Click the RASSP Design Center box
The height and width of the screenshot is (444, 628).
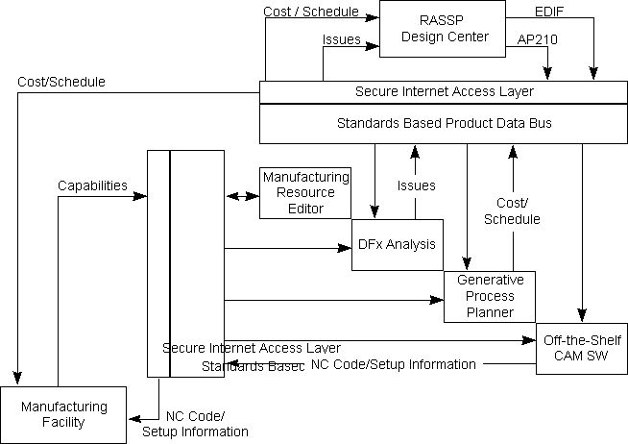point(442,29)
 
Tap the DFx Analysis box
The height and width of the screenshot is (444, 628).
point(397,244)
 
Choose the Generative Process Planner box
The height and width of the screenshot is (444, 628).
point(489,296)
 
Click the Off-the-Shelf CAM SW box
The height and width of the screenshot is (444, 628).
point(581,348)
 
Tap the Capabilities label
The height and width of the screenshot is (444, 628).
point(92,185)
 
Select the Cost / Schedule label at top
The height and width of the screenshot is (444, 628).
point(310,12)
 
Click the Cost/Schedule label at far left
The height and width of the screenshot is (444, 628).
point(61,82)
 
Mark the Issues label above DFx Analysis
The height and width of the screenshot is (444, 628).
point(416,185)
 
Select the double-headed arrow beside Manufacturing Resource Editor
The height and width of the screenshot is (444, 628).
point(243,197)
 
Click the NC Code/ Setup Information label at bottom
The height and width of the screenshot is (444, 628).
point(195,424)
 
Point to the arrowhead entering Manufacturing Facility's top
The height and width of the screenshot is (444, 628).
point(16,381)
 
